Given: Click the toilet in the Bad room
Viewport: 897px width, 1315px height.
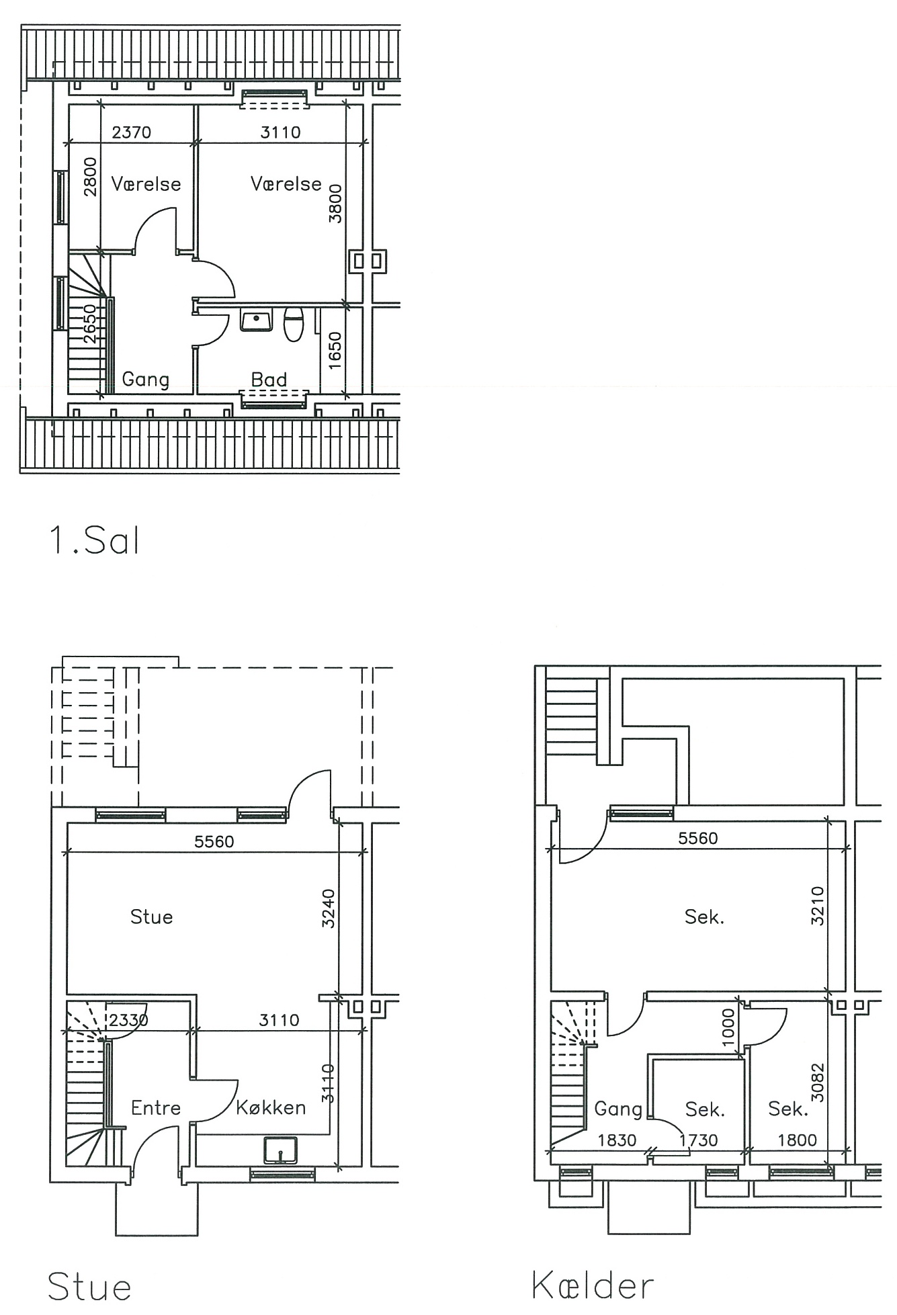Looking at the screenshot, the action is (x=294, y=324).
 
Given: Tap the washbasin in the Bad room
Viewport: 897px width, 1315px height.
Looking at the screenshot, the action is (x=256, y=321).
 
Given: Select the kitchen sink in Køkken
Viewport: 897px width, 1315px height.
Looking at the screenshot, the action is (x=280, y=1150).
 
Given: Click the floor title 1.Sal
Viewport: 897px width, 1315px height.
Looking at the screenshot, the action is (x=94, y=540).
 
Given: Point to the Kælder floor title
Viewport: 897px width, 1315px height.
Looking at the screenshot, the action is (x=592, y=1285).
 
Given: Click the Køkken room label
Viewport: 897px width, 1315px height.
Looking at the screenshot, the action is (x=271, y=1107).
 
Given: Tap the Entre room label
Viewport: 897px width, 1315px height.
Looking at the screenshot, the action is (x=156, y=1107).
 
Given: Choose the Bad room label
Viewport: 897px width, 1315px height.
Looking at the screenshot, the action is (x=269, y=380).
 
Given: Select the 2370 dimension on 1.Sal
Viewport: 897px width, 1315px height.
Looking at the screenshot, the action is (x=132, y=132).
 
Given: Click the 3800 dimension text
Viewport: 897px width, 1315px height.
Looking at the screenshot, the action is (x=335, y=204).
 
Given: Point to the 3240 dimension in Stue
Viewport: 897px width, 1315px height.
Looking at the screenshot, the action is (x=328, y=908).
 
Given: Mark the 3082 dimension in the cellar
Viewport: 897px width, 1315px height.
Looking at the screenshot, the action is (x=817, y=1083).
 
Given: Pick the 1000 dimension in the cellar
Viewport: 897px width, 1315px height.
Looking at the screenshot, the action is (x=728, y=1027).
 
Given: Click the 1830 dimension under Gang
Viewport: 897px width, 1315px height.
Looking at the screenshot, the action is (x=617, y=1140).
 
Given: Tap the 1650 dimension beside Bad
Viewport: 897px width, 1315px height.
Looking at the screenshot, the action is (x=335, y=350).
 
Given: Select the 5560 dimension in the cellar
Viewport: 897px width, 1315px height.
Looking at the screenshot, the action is (x=698, y=838).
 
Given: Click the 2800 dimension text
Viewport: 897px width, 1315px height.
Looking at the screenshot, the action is (x=90, y=177).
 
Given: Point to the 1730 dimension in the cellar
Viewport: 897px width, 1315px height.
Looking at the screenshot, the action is (x=698, y=1140).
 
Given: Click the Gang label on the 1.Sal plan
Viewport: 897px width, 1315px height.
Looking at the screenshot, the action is (x=145, y=380).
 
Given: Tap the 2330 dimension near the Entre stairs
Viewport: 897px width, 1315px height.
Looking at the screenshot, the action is (x=128, y=1020).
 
